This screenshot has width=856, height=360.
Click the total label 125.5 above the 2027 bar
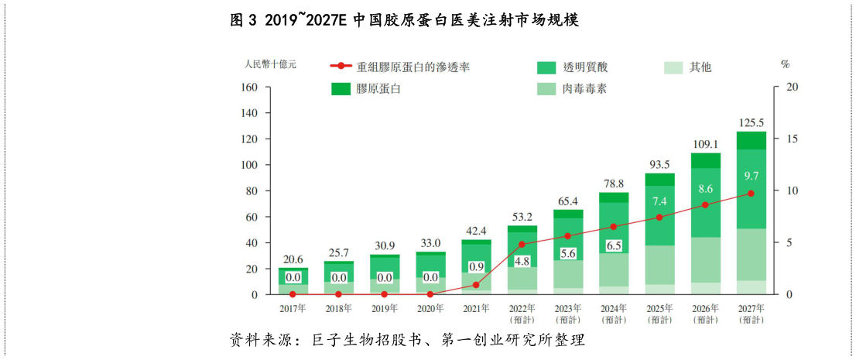(x=751, y=122)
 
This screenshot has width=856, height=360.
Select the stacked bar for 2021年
(x=476, y=267)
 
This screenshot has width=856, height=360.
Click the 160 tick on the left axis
(x=248, y=87)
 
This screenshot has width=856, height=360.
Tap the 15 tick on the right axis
(x=792, y=139)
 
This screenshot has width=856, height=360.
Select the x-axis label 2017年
(x=293, y=308)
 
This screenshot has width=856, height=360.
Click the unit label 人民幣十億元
(x=270, y=63)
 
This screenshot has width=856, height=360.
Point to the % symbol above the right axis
(x=785, y=64)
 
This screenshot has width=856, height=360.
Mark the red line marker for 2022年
(x=522, y=245)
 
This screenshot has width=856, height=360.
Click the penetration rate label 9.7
(x=751, y=177)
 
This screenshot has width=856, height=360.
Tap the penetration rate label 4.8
(x=522, y=261)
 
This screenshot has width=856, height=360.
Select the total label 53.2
(x=522, y=216)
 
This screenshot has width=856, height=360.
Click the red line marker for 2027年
(x=751, y=194)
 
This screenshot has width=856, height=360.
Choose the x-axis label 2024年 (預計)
(x=613, y=314)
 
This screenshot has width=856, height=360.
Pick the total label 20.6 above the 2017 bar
(x=293, y=259)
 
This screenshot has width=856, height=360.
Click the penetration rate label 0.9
(x=476, y=267)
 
